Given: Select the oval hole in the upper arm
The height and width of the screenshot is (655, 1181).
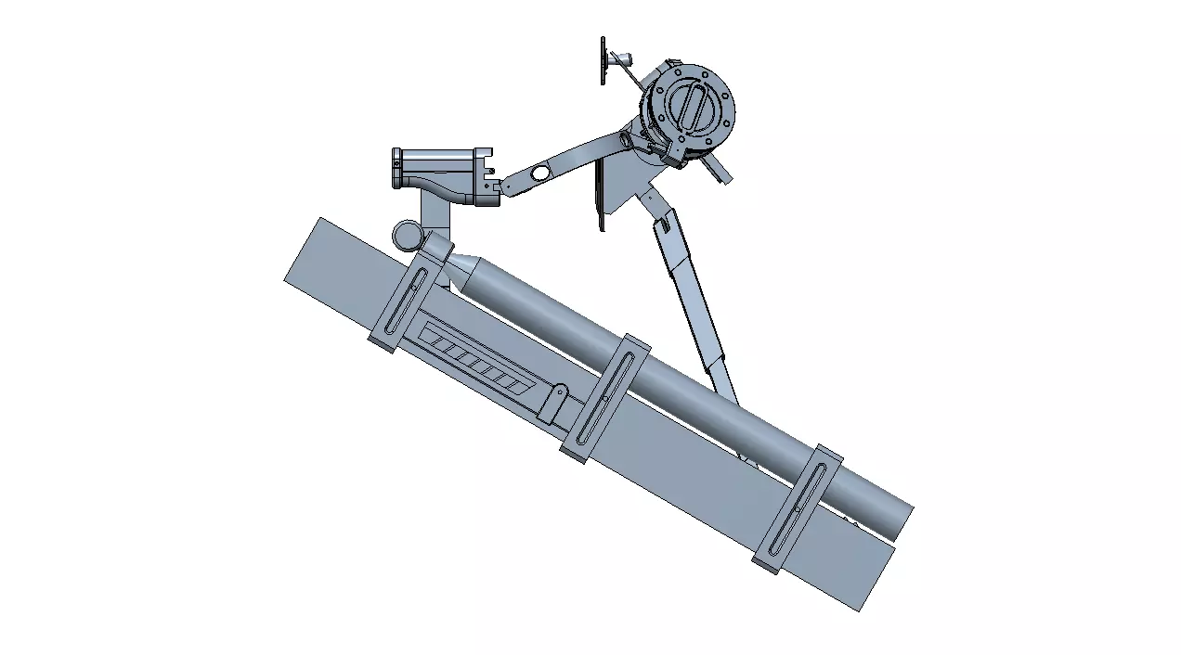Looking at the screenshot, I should pos(539,173).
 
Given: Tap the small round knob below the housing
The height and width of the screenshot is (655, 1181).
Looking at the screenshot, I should pos(406,235).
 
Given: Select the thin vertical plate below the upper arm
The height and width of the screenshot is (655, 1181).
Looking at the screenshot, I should pos(601,195).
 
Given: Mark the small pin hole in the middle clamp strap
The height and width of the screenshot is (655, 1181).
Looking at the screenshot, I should pos(605,399).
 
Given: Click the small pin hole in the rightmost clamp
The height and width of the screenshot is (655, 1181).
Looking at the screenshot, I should pos(798,508).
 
